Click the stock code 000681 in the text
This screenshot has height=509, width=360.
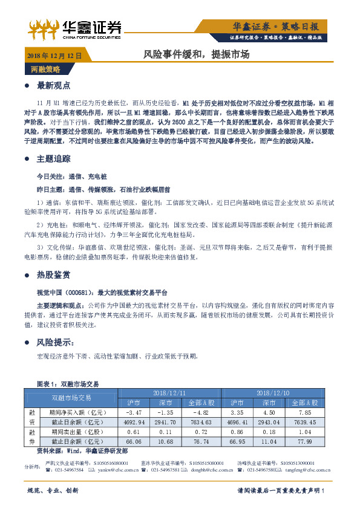[x=79, y=291]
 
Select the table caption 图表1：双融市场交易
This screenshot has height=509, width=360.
[x=68, y=383]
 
